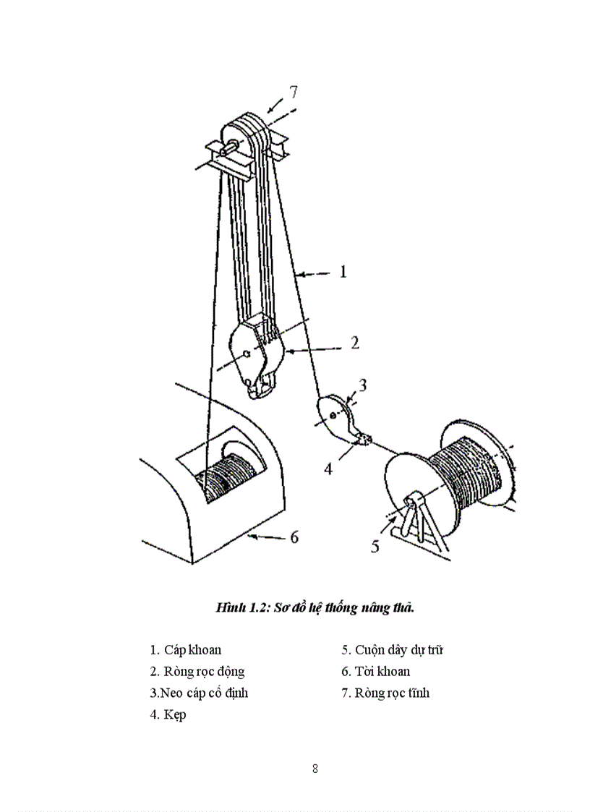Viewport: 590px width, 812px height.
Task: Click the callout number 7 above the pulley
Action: tap(293, 92)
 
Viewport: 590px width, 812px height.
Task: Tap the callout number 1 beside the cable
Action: tap(343, 272)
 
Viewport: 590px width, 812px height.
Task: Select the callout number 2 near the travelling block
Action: tap(354, 343)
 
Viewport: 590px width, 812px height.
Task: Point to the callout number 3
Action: tap(363, 385)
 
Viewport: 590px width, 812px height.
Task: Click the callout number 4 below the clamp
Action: tap(328, 469)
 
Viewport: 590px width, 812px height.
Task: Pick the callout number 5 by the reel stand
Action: tap(375, 545)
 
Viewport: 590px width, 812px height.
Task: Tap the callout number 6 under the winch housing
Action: tap(294, 537)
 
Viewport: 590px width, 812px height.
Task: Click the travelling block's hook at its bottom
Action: tap(258, 387)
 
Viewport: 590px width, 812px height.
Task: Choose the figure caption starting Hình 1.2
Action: tap(315, 607)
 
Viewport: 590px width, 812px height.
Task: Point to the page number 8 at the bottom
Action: tap(315, 768)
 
